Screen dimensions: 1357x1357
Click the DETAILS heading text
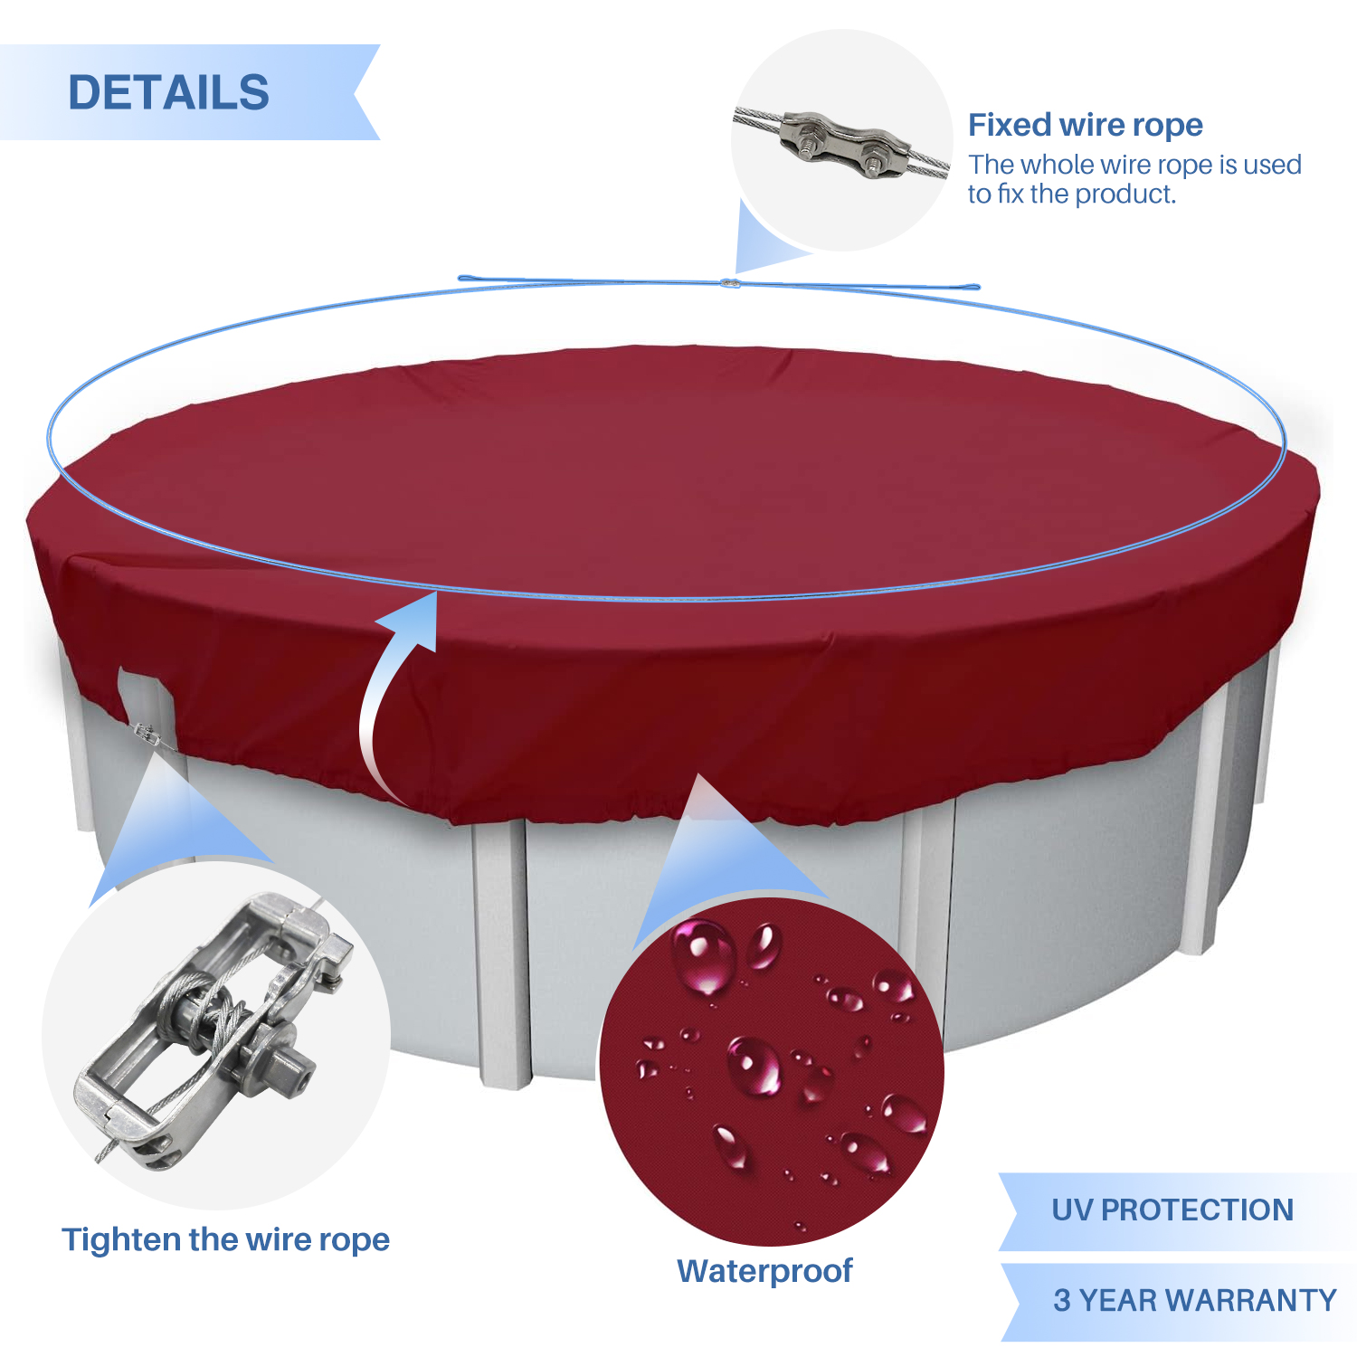[x=169, y=92]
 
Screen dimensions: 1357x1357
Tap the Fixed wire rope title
[x=1086, y=125]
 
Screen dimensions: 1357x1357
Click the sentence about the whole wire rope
[x=1134, y=179]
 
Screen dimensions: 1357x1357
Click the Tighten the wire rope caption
[x=225, y=1239]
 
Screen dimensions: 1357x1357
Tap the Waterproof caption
[x=764, y=1271]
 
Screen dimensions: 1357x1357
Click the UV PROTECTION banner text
[x=1172, y=1210]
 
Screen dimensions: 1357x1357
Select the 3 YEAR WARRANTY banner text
[x=1195, y=1300]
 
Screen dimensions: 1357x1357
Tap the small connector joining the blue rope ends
[x=730, y=283]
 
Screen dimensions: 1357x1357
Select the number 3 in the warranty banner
[x=1062, y=1300]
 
